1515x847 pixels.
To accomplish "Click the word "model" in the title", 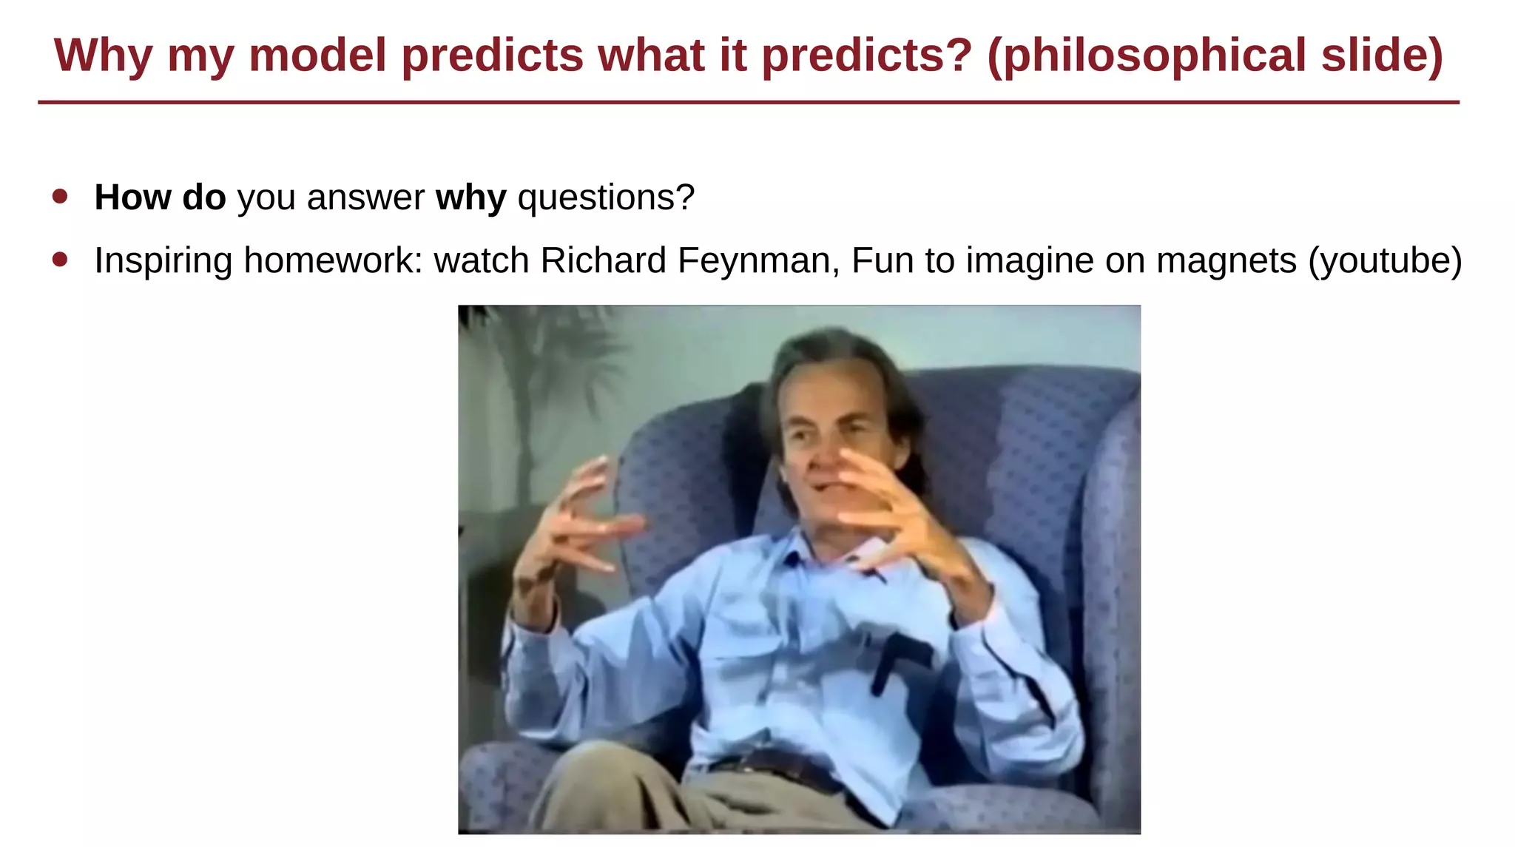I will [x=318, y=55].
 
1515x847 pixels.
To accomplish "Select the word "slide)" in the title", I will [x=1382, y=55].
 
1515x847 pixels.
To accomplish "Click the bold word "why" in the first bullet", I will [x=470, y=198].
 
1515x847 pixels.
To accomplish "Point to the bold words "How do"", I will [x=160, y=198].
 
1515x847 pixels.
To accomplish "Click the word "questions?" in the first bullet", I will [x=606, y=198].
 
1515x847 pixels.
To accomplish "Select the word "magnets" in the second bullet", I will [x=1226, y=260].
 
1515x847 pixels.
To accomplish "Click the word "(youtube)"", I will [x=1385, y=260].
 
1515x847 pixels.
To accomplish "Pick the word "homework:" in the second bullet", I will [x=333, y=260].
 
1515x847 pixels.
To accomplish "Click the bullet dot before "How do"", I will [x=61, y=197].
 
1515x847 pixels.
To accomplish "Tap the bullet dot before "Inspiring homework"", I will [x=61, y=260].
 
